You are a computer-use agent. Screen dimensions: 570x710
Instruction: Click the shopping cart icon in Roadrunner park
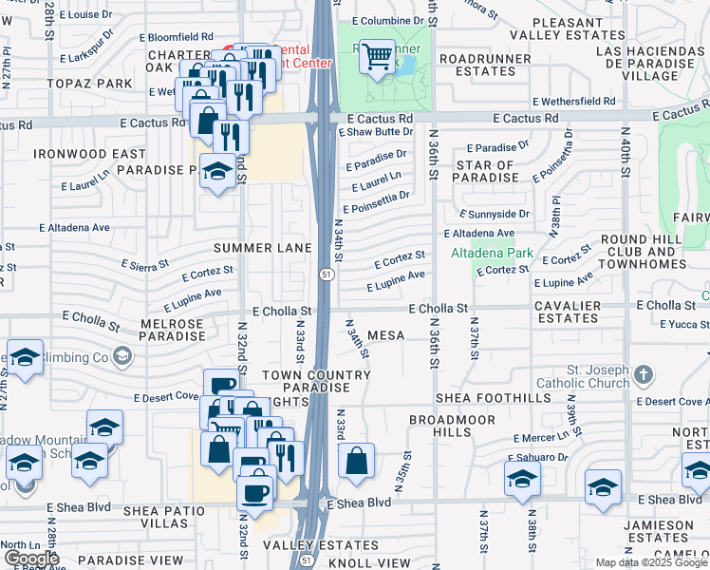[378, 58]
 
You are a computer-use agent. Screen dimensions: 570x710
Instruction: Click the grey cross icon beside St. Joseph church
[644, 373]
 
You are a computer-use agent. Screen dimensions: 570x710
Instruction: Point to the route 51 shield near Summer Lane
[325, 275]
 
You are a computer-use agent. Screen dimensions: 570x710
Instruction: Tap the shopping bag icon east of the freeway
[356, 462]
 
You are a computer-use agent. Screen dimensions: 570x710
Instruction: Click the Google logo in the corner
[30, 559]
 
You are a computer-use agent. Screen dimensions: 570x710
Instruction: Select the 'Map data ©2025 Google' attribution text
[651, 562]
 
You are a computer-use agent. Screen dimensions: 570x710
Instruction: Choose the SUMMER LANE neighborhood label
[262, 248]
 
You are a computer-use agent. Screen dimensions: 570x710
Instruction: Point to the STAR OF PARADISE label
[498, 172]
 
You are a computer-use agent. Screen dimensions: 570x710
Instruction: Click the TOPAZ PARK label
[93, 84]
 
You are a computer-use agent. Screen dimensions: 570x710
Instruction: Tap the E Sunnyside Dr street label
[495, 215]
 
